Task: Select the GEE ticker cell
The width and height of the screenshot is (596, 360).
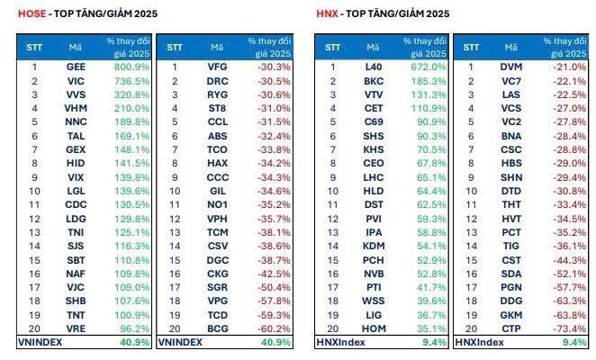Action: click(x=76, y=67)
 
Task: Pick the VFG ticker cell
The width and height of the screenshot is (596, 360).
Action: click(x=217, y=67)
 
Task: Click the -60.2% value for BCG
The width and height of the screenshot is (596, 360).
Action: click(x=272, y=330)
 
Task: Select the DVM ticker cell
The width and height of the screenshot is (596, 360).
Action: click(x=510, y=67)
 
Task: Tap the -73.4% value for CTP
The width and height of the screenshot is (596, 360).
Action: click(x=567, y=330)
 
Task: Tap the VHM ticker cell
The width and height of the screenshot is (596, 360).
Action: click(x=76, y=108)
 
